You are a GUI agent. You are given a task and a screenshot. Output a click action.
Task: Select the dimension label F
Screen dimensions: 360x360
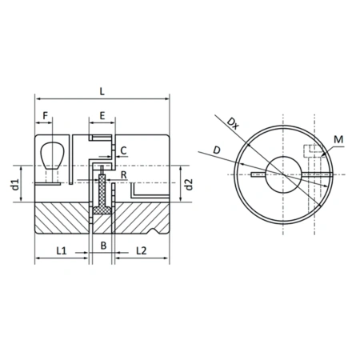tap(46, 117)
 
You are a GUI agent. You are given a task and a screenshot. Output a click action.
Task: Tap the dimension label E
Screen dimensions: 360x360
tap(102, 117)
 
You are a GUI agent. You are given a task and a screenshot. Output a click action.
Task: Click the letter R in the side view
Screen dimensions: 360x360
tap(124, 174)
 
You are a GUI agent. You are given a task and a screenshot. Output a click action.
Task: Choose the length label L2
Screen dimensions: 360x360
tap(139, 250)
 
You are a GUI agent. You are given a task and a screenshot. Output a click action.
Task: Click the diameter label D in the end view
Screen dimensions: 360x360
tap(218, 150)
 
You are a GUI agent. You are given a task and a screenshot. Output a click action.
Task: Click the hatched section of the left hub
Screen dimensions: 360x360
tap(64, 218)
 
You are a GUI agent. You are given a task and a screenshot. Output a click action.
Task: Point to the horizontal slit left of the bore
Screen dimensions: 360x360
tap(258, 174)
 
